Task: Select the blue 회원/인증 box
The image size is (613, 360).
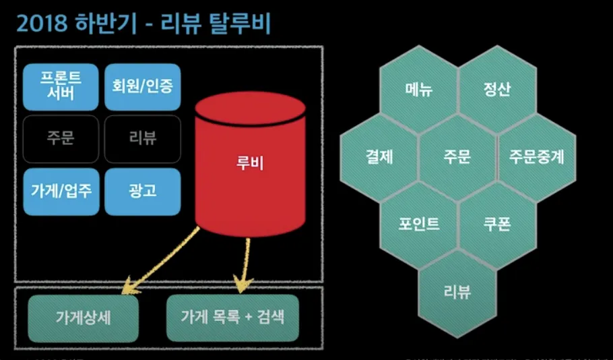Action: click(143, 86)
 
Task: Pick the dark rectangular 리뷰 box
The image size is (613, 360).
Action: click(143, 139)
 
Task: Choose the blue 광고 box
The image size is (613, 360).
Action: click(143, 191)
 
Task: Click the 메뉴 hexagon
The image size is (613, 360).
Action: click(419, 90)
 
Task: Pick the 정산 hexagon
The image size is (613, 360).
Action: click(497, 90)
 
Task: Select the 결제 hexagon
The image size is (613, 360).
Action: click(379, 157)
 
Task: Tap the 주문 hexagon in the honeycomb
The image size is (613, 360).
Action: click(457, 157)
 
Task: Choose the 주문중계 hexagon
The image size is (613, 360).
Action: click(537, 157)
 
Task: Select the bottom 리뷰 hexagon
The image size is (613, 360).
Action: click(457, 291)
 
